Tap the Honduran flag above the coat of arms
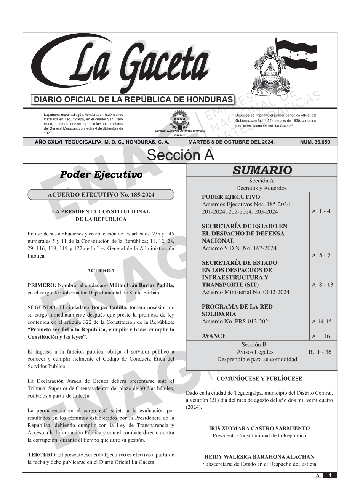pyautogui.click(x=296, y=53)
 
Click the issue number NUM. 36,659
pyautogui.click(x=315, y=142)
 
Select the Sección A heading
pyautogui.click(x=180, y=155)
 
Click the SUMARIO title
pyautogui.click(x=262, y=170)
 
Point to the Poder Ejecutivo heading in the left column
pyautogui.click(x=101, y=175)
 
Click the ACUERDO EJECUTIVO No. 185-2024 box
pyautogui.click(x=101, y=195)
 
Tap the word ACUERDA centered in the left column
pyautogui.click(x=101, y=270)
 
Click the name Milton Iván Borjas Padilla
pyautogui.click(x=142, y=285)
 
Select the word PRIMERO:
pyautogui.click(x=42, y=285)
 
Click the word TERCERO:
pyautogui.click(x=42, y=454)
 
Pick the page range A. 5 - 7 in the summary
pyautogui.click(x=321, y=255)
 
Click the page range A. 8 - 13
pyautogui.click(x=322, y=285)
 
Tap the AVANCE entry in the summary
pyautogui.click(x=214, y=336)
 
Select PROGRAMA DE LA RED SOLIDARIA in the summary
pyautogui.click(x=237, y=310)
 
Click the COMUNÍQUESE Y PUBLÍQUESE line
pyautogui.click(x=259, y=379)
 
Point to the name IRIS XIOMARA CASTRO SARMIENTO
pyautogui.click(x=259, y=428)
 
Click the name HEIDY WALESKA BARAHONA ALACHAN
pyautogui.click(x=259, y=457)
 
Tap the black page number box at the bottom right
pyautogui.click(x=330, y=475)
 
